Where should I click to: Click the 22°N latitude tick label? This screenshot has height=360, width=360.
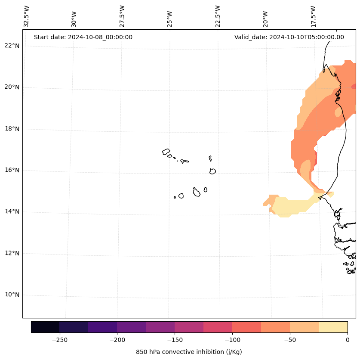click(12, 46)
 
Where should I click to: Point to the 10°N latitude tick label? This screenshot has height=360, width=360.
click(12, 295)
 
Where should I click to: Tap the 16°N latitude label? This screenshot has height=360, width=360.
click(12, 170)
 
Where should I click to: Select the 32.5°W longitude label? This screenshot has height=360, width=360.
click(27, 16)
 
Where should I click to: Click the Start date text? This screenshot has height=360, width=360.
click(83, 37)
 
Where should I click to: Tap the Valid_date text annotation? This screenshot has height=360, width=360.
click(289, 37)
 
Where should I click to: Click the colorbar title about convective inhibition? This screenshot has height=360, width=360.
click(189, 352)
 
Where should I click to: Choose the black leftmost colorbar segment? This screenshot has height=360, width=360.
click(45, 327)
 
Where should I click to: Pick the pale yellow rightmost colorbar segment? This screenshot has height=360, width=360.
click(333, 327)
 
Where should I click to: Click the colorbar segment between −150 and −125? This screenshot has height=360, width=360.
click(189, 327)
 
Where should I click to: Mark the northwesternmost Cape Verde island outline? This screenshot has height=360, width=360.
click(166, 152)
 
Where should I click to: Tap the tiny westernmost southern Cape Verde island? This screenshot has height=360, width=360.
click(175, 197)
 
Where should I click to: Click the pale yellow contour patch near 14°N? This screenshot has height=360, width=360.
click(292, 206)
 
